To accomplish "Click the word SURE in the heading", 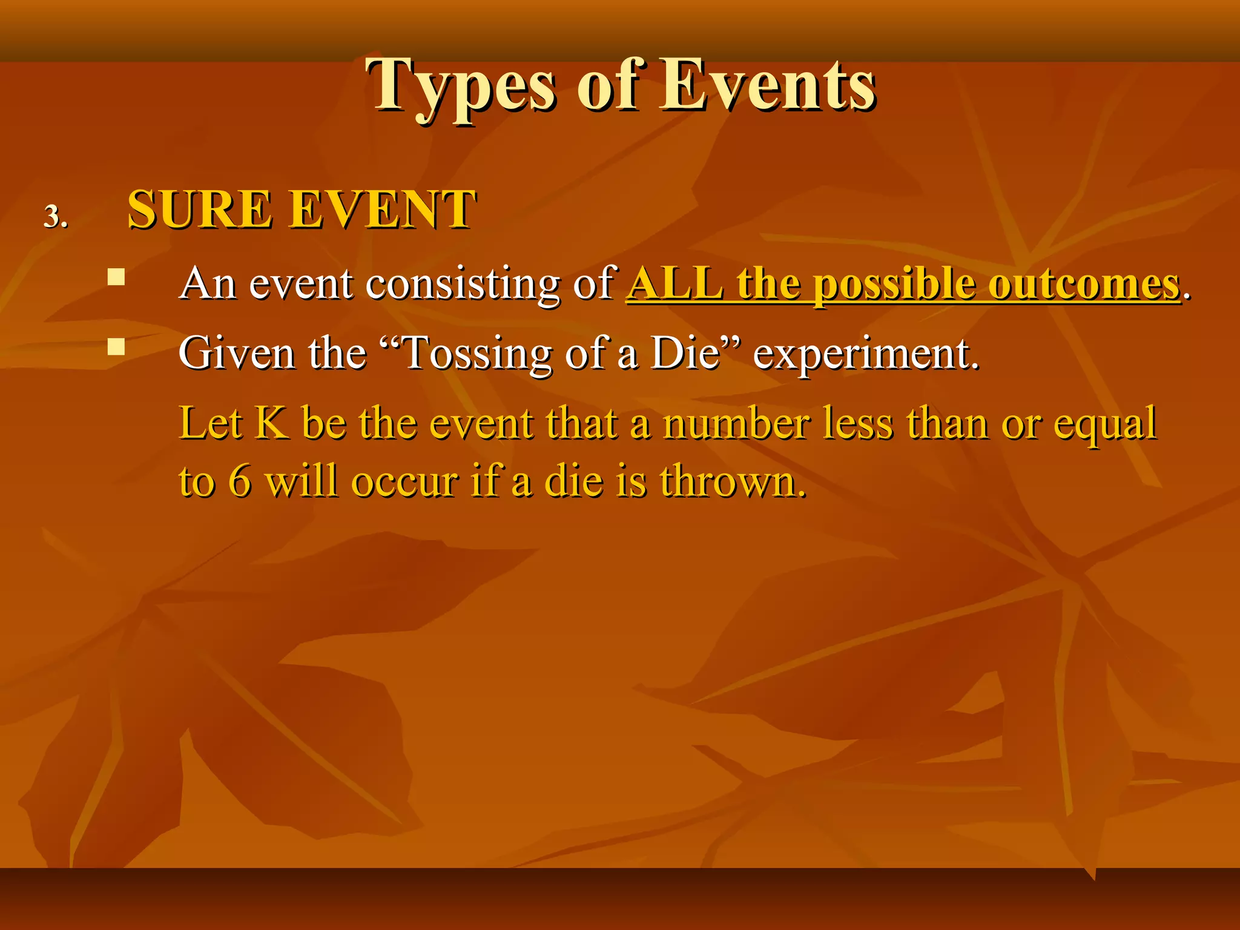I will coord(200,209).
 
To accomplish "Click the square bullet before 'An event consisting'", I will coord(116,277).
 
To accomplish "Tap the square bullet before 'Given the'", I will coord(116,346).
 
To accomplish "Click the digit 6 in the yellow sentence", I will coord(240,482).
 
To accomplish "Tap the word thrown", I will coord(733,482).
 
